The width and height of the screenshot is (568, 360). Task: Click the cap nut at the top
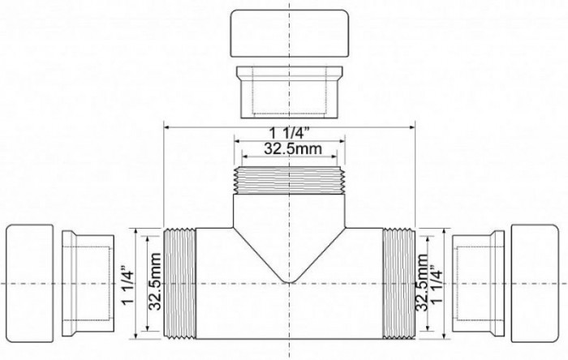click(x=290, y=32)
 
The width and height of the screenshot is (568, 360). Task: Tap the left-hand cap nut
click(x=30, y=283)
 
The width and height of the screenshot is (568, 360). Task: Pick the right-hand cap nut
click(x=537, y=283)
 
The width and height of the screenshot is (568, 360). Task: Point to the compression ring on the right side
click(x=480, y=283)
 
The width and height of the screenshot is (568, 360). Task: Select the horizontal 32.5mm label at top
click(x=290, y=149)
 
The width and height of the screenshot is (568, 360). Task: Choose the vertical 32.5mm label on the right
click(x=422, y=283)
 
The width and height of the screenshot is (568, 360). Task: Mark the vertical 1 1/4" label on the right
click(x=439, y=283)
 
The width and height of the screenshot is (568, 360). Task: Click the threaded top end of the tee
click(x=290, y=180)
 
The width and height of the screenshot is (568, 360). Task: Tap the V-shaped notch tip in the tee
click(x=290, y=282)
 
